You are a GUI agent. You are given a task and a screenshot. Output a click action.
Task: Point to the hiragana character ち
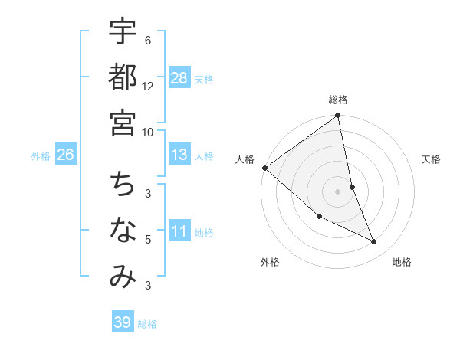(123, 184)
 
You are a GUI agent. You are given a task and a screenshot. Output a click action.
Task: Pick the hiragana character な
(123, 231)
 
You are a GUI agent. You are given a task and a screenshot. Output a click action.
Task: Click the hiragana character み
(123, 277)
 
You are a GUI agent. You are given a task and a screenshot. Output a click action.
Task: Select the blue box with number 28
(179, 78)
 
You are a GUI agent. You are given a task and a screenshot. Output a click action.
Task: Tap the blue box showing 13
(179, 155)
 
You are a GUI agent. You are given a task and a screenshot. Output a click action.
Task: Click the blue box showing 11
(179, 231)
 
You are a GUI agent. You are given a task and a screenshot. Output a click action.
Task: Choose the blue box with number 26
(65, 155)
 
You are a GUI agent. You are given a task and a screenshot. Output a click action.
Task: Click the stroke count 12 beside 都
(148, 86)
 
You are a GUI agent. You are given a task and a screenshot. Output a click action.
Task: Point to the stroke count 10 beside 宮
(148, 132)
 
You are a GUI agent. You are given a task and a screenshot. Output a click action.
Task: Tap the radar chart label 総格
(338, 100)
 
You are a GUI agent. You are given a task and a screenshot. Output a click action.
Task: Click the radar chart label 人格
(245, 159)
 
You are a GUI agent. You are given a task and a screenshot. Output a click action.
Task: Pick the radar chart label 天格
(431, 159)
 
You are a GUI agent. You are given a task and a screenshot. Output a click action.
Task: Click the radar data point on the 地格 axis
(374, 242)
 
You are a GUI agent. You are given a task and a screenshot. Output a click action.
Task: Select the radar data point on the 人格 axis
(264, 168)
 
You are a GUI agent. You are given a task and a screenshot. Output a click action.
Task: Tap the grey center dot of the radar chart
(338, 191)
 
